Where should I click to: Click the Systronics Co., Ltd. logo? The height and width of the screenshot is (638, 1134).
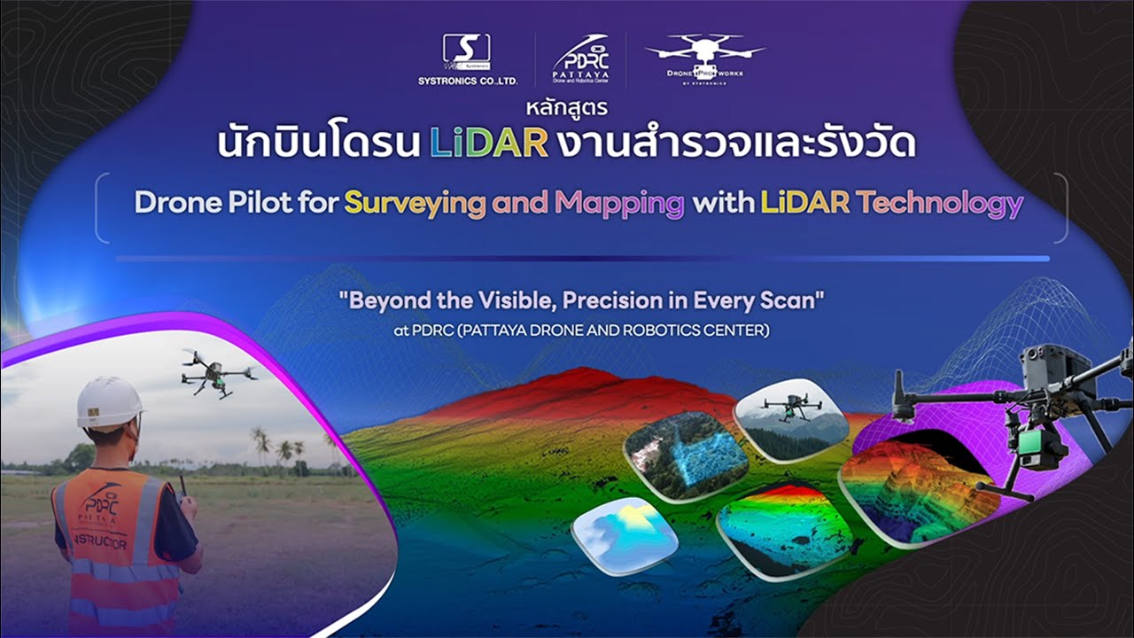[x=466, y=59]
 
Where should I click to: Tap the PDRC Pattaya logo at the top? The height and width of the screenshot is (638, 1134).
[x=581, y=59]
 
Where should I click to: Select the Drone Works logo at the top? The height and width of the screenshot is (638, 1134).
[x=705, y=58]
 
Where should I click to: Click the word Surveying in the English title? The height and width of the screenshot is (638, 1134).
[x=415, y=204]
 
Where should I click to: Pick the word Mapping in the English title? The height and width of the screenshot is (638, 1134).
[x=619, y=204]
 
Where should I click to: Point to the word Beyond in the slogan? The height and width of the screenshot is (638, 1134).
[x=387, y=300]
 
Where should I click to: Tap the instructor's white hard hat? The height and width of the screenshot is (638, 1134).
[x=109, y=402]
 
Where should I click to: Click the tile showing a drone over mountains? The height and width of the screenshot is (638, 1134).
[x=790, y=421]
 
